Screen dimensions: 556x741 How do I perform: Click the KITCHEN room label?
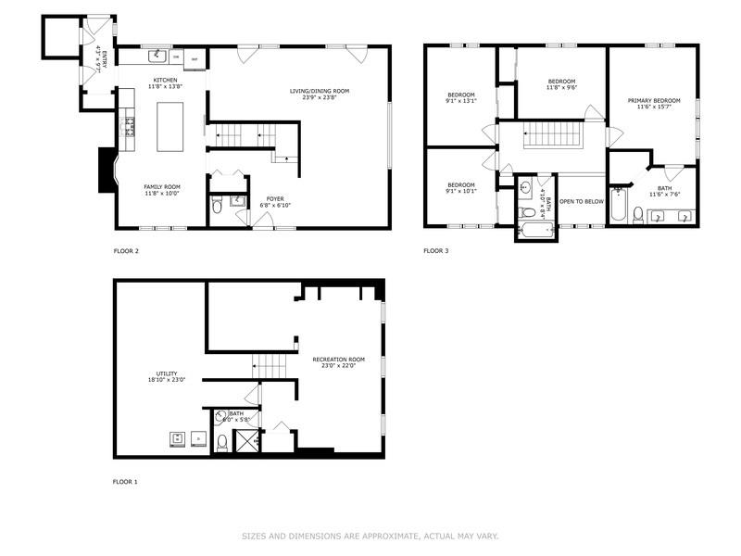(165, 81)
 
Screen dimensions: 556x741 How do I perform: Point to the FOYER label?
(275, 197)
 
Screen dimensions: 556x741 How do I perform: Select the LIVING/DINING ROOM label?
(320, 91)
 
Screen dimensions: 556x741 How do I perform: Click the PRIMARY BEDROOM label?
(653, 100)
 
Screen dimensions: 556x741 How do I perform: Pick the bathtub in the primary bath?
(618, 205)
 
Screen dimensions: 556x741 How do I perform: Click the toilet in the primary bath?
(638, 215)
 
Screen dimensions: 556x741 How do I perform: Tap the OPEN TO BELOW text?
(582, 201)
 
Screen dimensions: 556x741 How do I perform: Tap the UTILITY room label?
(167, 373)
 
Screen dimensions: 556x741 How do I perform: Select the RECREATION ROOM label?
(338, 359)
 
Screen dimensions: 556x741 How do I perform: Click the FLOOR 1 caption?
(125, 482)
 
